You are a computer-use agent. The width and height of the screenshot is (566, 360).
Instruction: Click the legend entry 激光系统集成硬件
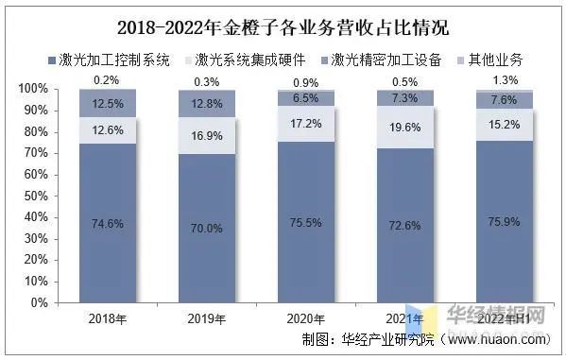pos(249,60)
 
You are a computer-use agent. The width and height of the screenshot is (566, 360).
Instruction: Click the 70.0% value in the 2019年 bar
pos(207,228)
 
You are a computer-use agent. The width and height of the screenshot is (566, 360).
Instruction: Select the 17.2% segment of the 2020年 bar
pos(306,124)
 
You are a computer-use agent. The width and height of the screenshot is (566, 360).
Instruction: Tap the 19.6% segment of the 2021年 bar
pos(405,129)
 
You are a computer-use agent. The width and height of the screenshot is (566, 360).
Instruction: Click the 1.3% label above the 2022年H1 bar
pos(506,79)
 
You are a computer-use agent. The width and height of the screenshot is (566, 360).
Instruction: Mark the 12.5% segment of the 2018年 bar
pos(107,102)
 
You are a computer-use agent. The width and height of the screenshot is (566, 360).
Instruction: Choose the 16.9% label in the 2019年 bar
pos(207,136)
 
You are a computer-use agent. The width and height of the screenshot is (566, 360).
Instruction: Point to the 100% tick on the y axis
pos(34,89)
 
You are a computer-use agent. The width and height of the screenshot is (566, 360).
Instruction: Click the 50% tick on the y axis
pos(37,196)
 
